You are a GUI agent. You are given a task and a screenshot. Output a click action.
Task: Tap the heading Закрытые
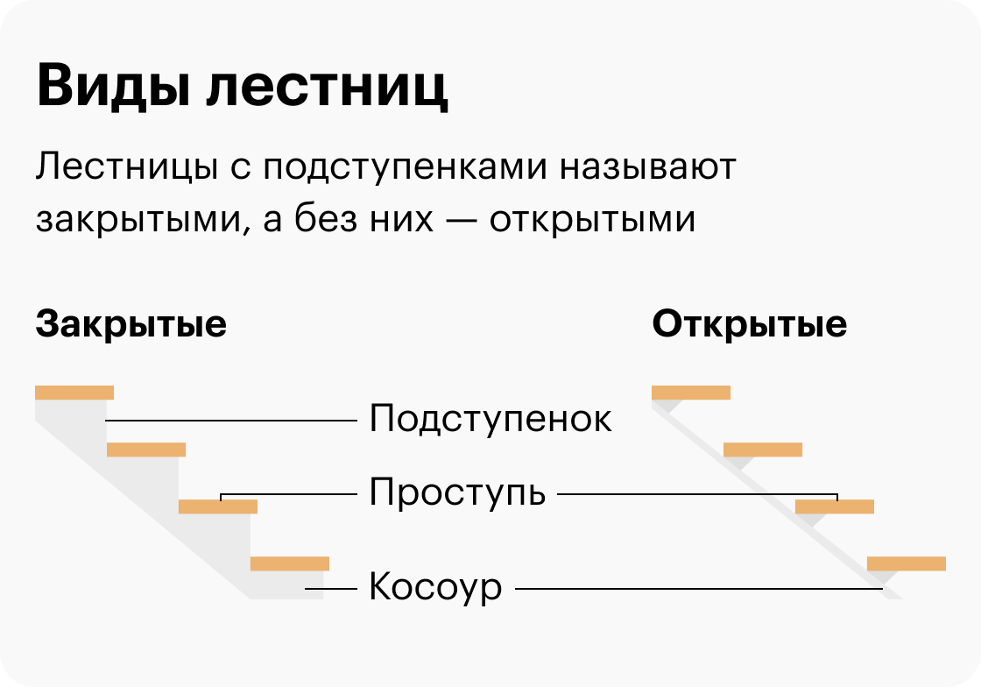click(131, 324)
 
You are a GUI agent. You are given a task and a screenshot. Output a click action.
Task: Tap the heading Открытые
click(750, 324)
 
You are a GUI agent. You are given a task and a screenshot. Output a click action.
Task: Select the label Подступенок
click(490, 419)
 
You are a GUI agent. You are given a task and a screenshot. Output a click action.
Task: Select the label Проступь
click(457, 493)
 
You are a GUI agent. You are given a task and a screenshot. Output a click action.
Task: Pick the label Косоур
click(435, 587)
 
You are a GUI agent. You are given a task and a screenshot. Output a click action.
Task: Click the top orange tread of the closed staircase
click(74, 393)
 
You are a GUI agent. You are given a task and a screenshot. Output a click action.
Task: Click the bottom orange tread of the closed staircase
click(290, 563)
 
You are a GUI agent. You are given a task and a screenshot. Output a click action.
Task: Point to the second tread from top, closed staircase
click(146, 450)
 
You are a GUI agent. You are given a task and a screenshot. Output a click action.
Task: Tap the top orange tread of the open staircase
click(691, 393)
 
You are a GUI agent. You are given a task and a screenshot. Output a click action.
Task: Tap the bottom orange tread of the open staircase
click(907, 563)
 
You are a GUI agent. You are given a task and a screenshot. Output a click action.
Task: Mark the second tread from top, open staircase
click(763, 450)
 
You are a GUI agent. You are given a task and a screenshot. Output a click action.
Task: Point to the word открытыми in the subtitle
click(593, 220)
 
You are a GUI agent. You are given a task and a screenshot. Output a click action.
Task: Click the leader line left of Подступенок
click(232, 421)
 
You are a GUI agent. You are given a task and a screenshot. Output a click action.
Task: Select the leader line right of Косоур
click(698, 589)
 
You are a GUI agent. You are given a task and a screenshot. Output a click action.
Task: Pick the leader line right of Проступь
click(696, 494)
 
